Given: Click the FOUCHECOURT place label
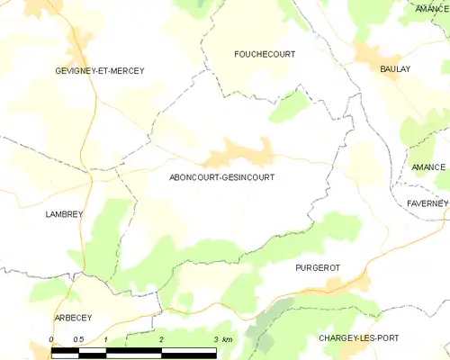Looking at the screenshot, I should (264, 54).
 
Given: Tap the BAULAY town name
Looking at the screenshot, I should (395, 68).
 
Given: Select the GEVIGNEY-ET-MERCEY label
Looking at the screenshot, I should (99, 70).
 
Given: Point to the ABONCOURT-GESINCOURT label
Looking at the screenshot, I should (222, 177).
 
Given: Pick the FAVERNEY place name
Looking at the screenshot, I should (427, 203).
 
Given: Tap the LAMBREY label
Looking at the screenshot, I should (64, 214).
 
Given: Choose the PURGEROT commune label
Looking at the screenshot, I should (318, 268).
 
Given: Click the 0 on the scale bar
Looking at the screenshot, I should (51, 339).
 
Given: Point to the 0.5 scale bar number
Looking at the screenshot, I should (78, 339).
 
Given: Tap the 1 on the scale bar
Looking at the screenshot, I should (106, 339).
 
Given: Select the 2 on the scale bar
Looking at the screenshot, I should (161, 339).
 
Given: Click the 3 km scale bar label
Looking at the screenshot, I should (221, 339).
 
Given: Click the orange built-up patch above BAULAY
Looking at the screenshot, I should (368, 51).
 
